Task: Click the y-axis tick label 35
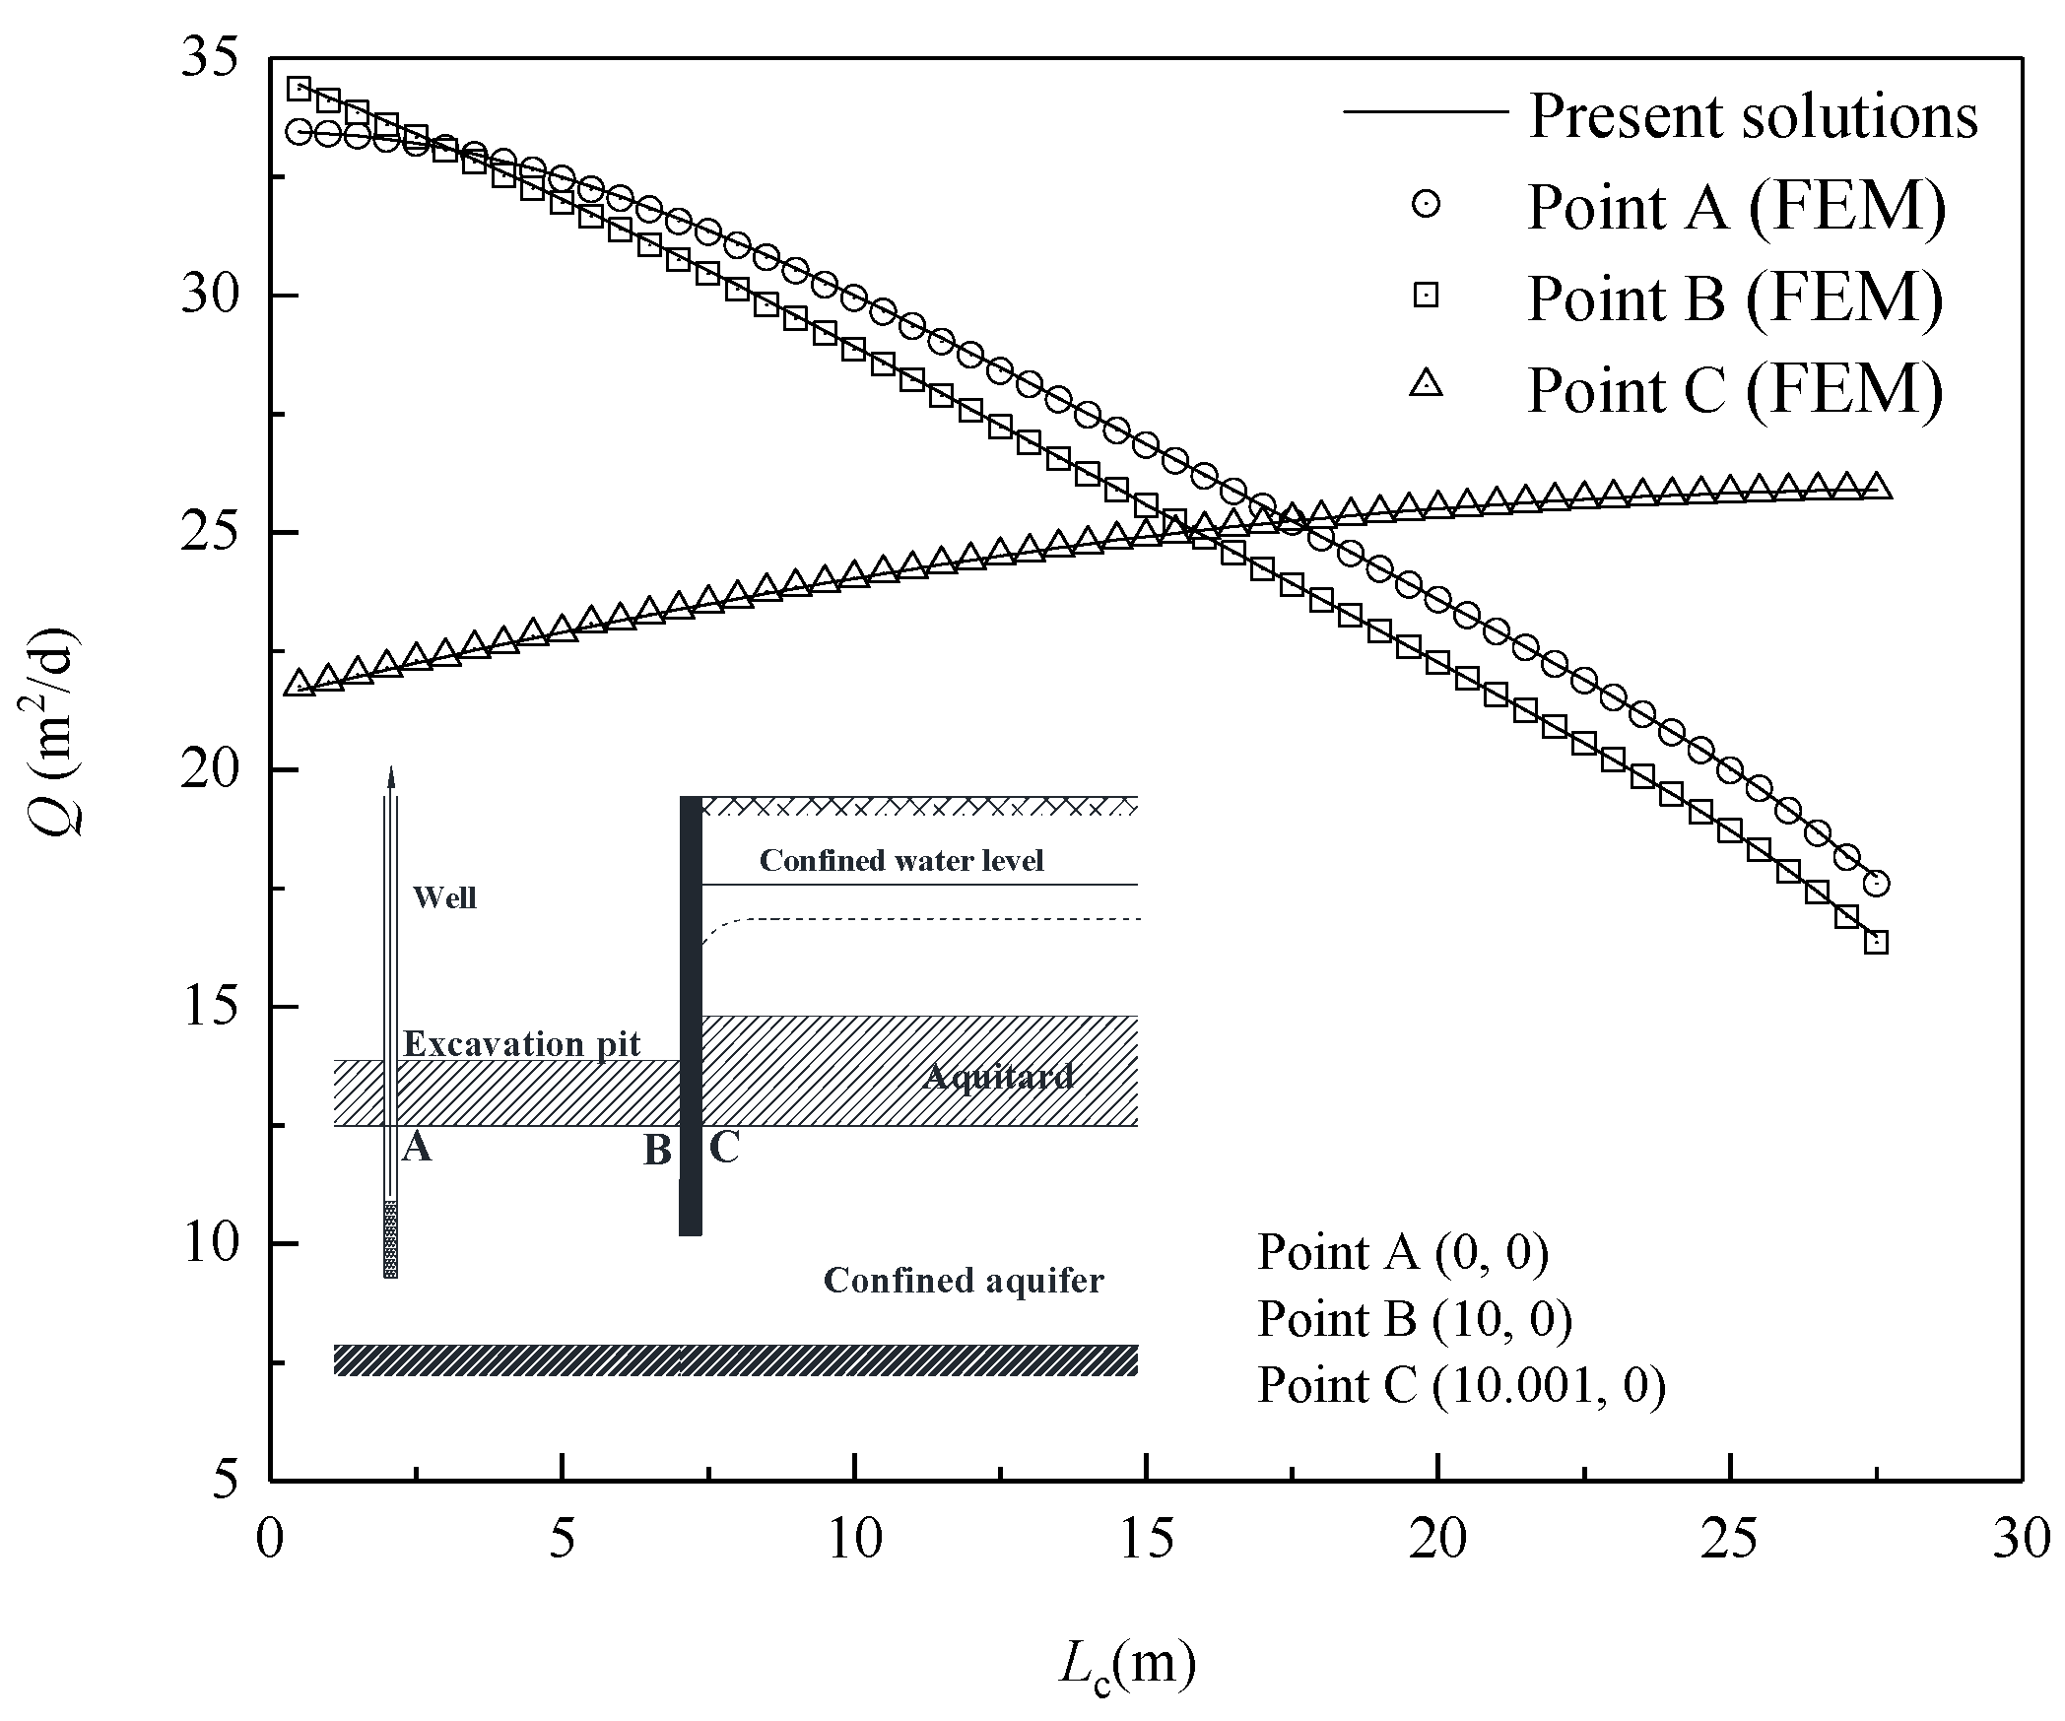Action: (x=210, y=59)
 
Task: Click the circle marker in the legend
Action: (x=1426, y=204)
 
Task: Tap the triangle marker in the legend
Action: (x=1426, y=384)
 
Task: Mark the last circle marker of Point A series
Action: (x=1877, y=883)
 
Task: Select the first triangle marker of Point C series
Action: (x=299, y=683)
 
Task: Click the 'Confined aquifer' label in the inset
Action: (x=964, y=1281)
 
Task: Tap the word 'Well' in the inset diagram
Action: (x=444, y=897)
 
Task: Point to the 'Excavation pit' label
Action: (x=522, y=1044)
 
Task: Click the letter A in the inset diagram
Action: (x=418, y=1147)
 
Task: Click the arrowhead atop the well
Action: (x=391, y=776)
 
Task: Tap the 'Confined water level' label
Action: (x=901, y=861)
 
